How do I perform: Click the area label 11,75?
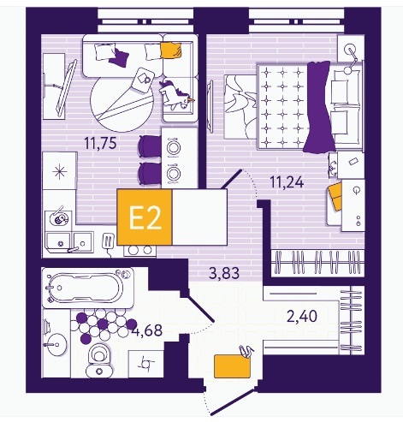tap(101, 143)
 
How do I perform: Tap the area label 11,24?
tap(287, 181)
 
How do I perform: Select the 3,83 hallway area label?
tap(224, 273)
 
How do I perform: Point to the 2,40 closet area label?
tap(302, 316)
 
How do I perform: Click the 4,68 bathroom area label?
tap(148, 330)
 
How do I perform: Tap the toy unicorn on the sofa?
tap(175, 95)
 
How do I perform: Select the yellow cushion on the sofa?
tap(171, 51)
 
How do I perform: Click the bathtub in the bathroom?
tap(88, 288)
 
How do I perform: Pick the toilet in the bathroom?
tap(99, 360)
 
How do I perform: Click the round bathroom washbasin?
tap(56, 345)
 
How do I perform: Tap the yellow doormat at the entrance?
tap(232, 366)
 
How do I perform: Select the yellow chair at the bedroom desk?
tap(335, 197)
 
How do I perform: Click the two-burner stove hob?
tap(140, 250)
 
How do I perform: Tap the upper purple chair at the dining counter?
tap(150, 146)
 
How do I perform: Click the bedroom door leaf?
tap(232, 179)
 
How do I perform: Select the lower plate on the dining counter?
tap(173, 173)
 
